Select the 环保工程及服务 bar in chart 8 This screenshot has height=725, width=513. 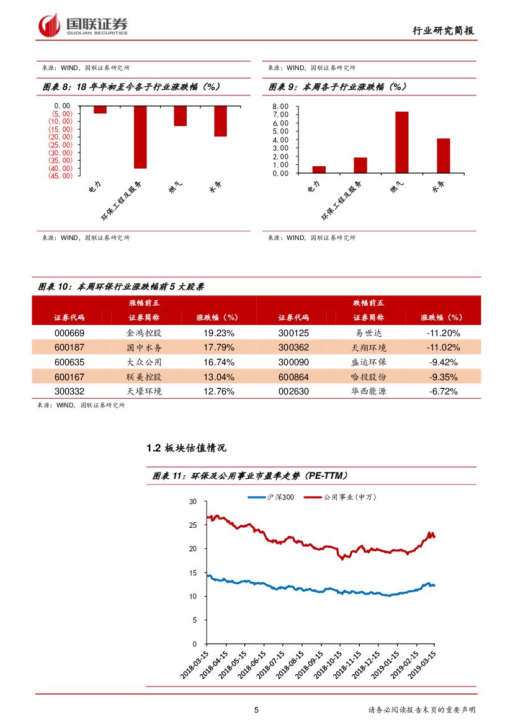point(140,137)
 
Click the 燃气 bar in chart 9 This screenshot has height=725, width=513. point(402,142)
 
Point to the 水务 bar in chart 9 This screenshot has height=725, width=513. point(443,156)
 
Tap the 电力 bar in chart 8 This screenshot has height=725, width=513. point(100,110)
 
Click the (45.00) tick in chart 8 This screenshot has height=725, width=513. point(62,176)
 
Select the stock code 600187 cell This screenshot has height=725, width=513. point(70,347)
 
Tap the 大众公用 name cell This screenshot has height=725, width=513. point(144,362)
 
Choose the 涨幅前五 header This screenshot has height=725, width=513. point(144,303)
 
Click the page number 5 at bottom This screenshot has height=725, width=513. point(256,710)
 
